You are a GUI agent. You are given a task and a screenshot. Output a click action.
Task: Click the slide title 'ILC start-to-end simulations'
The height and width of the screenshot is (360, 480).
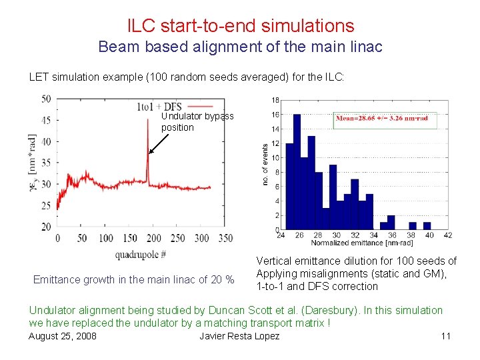point(241,26)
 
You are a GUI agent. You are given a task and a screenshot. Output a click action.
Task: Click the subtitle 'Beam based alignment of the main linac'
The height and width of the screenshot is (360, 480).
point(241,48)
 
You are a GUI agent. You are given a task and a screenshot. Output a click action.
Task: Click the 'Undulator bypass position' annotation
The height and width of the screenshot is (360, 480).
point(197,121)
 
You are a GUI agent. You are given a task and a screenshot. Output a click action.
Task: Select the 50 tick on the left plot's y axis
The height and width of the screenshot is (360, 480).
point(46,99)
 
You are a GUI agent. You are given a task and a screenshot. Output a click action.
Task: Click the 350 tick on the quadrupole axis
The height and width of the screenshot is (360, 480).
point(225,238)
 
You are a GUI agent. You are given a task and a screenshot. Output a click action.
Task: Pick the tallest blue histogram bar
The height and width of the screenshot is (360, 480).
point(297,173)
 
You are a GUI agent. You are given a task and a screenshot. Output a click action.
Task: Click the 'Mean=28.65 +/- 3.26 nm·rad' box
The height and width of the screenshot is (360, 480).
point(385,120)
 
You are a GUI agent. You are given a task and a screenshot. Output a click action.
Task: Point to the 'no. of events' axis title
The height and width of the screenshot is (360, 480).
point(265,164)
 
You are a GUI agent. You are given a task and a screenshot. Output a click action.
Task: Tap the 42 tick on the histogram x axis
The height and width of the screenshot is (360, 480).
point(447,235)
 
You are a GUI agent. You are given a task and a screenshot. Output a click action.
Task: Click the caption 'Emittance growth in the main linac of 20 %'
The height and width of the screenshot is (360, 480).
point(134,279)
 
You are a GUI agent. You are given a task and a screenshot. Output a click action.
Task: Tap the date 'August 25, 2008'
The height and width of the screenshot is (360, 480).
point(63,335)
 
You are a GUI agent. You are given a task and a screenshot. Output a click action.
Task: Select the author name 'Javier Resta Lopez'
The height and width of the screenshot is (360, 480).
point(239,335)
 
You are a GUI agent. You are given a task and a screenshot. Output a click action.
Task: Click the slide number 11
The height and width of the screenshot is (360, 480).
point(446,335)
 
